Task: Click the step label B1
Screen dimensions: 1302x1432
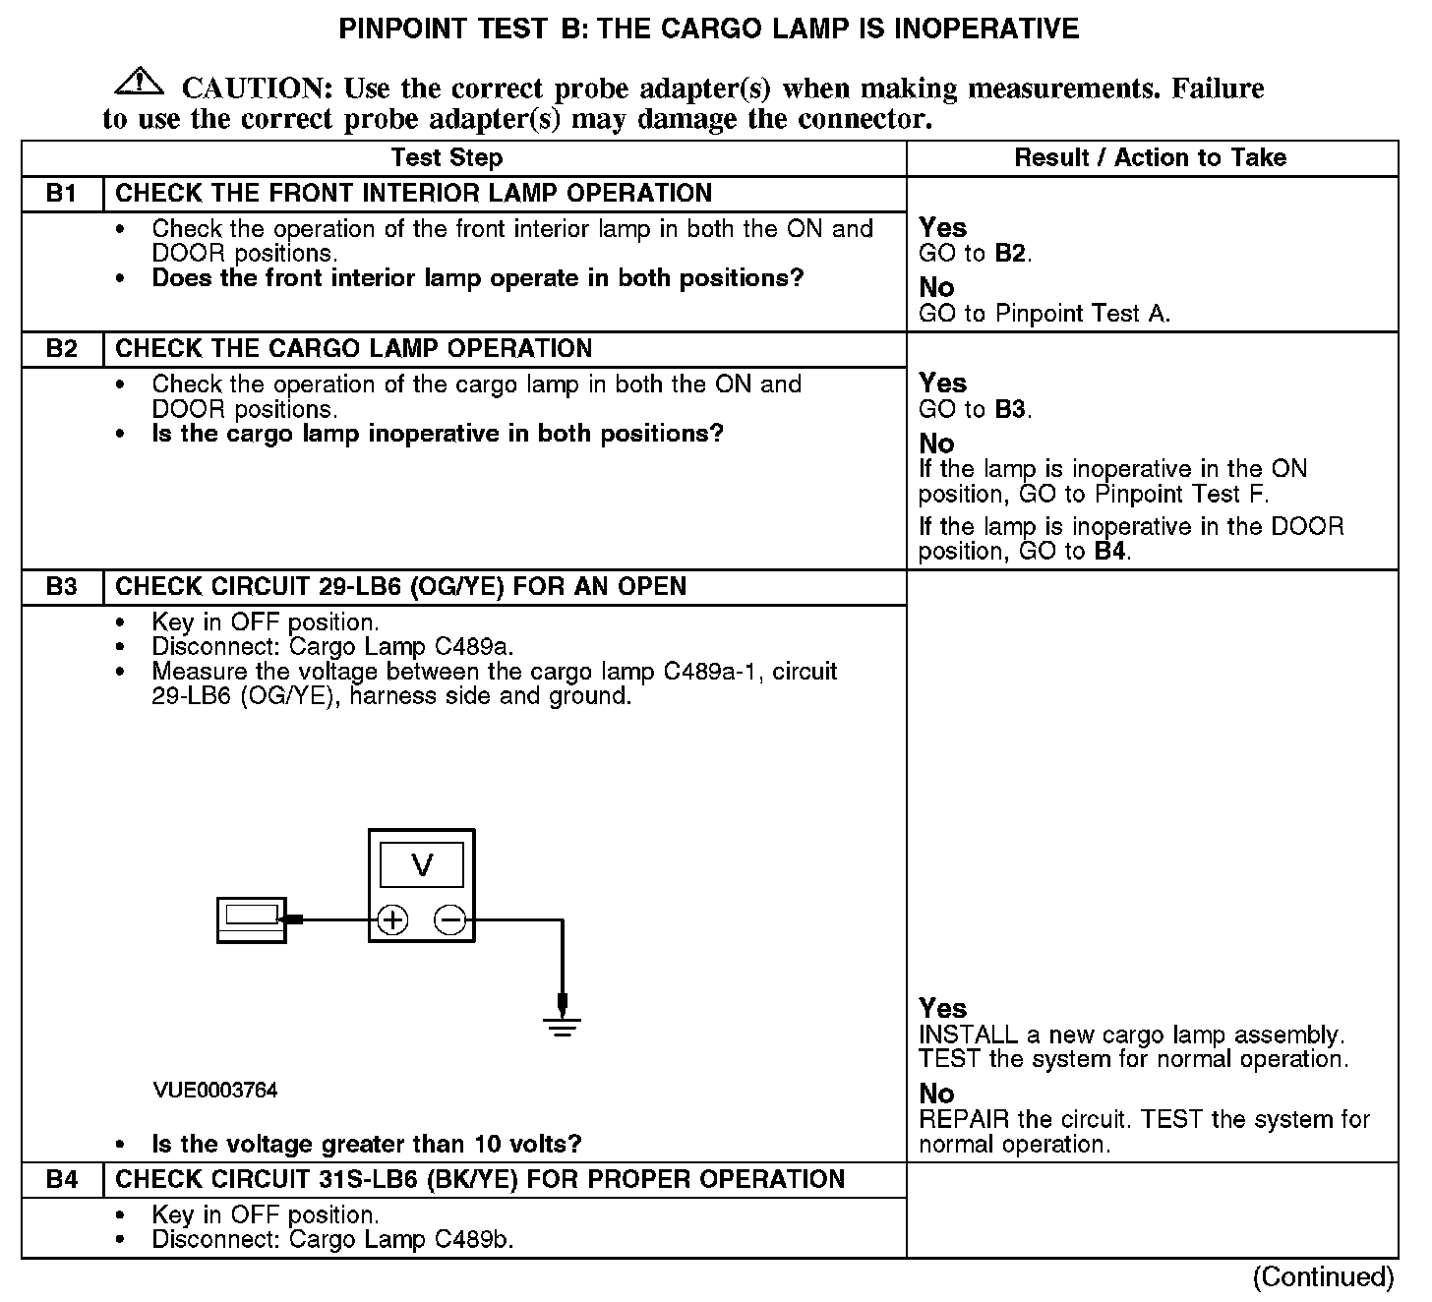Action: (x=61, y=194)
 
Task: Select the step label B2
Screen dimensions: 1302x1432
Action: (x=61, y=349)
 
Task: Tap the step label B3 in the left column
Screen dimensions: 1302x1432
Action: (x=61, y=587)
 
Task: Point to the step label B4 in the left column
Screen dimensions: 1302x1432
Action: (x=61, y=1180)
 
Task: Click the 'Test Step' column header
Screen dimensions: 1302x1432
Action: (x=447, y=158)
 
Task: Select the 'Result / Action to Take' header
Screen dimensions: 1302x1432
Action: (x=1150, y=158)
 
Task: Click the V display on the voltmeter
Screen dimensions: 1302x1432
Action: (x=422, y=865)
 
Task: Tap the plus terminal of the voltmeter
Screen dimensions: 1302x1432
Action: (x=392, y=920)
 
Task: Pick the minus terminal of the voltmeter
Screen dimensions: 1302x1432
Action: (x=450, y=920)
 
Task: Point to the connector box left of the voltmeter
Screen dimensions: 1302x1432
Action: (x=252, y=920)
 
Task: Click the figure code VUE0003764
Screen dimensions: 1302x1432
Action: (x=215, y=1091)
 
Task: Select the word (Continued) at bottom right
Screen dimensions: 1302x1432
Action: (x=1323, y=1276)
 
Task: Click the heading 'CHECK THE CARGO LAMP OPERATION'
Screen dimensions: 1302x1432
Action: (x=354, y=349)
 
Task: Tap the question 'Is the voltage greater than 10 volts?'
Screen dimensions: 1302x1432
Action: (x=367, y=1145)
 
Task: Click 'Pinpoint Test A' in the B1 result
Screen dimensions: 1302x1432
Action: (x=1082, y=314)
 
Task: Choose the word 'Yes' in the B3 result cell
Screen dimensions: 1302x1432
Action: (x=942, y=1008)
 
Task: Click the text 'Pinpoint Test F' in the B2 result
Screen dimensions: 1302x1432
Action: (x=1180, y=494)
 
